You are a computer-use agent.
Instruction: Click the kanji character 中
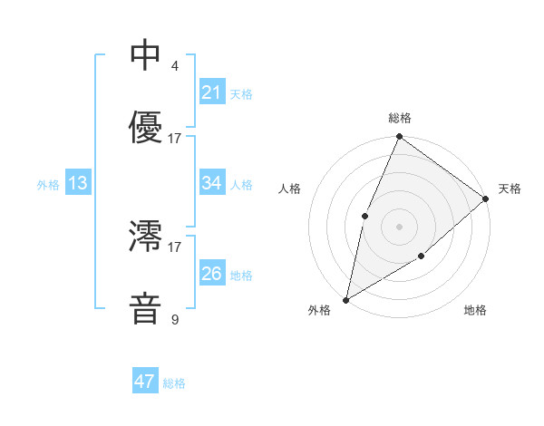tap(145, 55)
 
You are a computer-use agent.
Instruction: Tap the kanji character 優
tap(145, 128)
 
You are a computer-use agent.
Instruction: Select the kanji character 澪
tap(145, 237)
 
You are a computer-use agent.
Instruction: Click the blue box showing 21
tap(211, 92)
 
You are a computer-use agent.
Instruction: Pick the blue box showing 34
tap(211, 183)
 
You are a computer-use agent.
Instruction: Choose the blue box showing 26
tap(211, 274)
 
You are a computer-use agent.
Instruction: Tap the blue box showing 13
tap(77, 183)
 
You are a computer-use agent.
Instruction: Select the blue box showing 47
tap(145, 382)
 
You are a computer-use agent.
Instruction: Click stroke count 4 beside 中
tap(174, 65)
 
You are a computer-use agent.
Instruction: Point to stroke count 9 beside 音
tap(174, 319)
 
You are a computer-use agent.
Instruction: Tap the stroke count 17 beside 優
tap(175, 139)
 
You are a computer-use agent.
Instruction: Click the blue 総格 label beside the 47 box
tap(174, 383)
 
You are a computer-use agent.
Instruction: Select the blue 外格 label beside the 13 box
tap(48, 184)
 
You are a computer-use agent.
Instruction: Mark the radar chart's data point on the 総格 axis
tap(399, 138)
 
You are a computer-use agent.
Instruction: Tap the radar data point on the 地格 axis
tap(422, 257)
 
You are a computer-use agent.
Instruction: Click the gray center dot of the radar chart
tap(399, 226)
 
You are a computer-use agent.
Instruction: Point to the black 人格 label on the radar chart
tap(290, 189)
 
